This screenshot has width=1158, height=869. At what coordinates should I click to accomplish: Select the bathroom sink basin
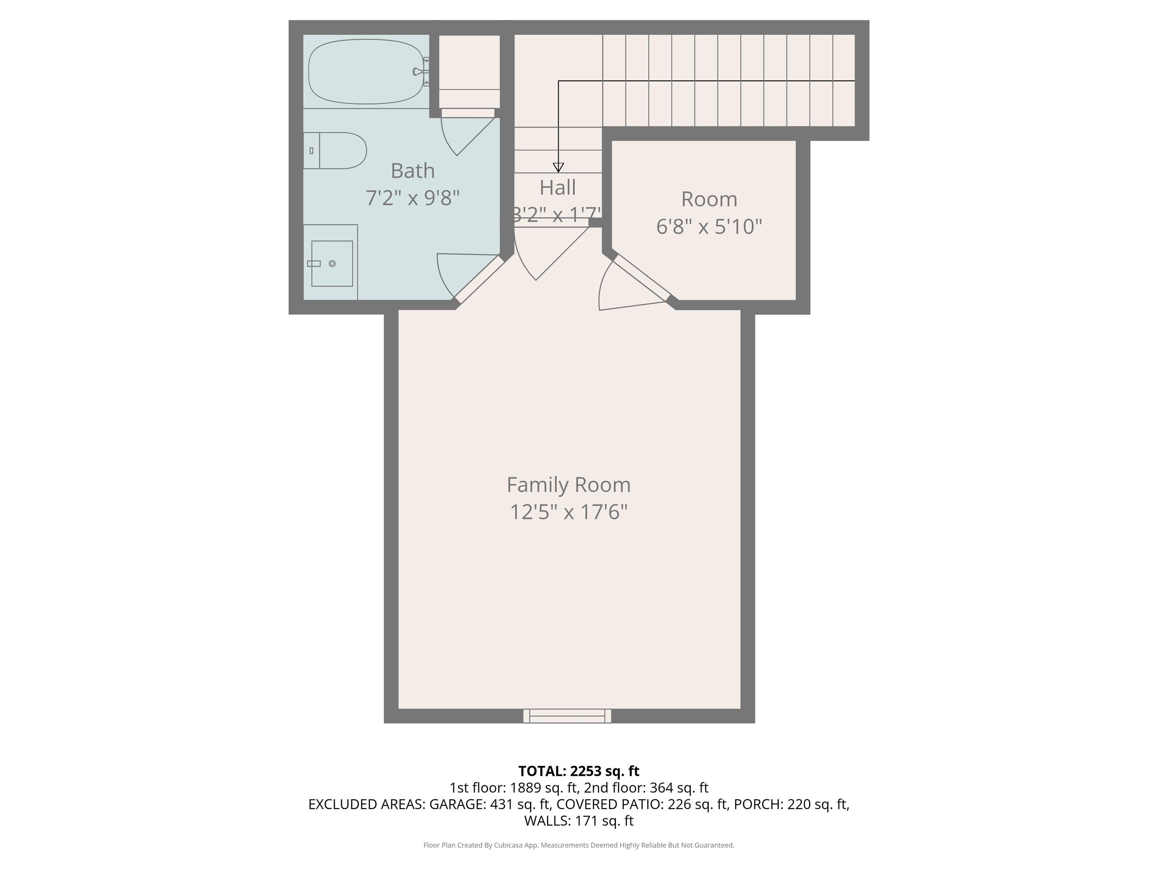[x=332, y=264]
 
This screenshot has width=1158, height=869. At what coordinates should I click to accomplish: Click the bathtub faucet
[x=419, y=72]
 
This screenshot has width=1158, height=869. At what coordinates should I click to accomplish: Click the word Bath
[x=412, y=171]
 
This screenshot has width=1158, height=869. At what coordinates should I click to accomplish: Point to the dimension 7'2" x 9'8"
[x=412, y=198]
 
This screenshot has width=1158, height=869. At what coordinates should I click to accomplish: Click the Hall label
[x=558, y=187]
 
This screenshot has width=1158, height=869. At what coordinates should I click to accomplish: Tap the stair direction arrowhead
[x=558, y=167]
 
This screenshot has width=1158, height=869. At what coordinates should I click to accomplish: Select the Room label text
[x=709, y=199]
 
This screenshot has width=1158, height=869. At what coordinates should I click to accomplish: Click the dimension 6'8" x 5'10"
[x=709, y=226]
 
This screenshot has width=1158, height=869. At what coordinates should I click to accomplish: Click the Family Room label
[x=568, y=485]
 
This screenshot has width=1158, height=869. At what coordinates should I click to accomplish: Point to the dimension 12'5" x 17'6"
[x=568, y=512]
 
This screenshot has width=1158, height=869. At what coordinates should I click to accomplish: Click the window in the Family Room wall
[x=567, y=715]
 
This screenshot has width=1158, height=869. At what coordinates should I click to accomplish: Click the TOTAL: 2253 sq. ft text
[x=579, y=771]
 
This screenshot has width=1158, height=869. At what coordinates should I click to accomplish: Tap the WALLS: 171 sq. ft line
[x=579, y=820]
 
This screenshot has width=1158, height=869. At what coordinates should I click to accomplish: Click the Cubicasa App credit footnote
[x=579, y=845]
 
